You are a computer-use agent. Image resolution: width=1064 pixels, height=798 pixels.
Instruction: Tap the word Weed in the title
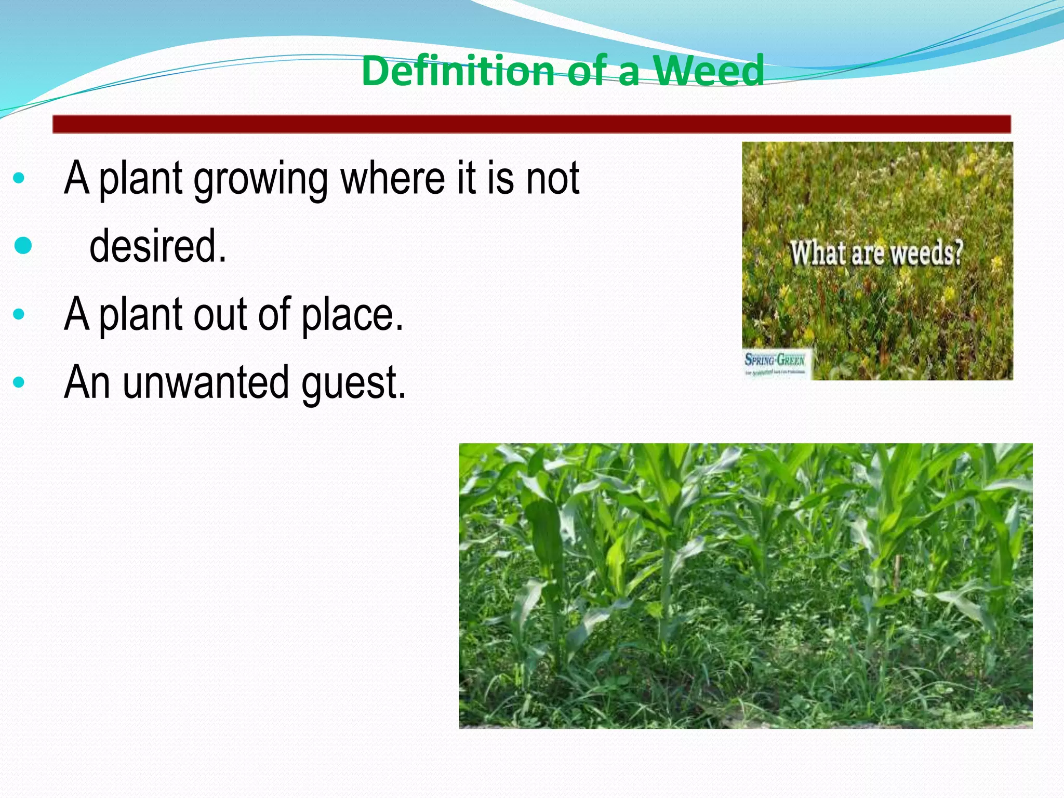coord(709,71)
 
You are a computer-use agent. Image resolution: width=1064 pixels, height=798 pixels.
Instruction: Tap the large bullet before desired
coord(23,245)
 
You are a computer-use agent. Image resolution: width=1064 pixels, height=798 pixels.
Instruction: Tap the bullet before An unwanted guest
coord(19,382)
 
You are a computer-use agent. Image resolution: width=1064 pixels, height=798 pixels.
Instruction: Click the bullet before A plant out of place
coord(19,314)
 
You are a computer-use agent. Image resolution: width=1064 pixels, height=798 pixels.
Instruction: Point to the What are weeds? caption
coord(877,254)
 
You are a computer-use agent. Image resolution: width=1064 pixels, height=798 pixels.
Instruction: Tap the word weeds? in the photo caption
coord(927,254)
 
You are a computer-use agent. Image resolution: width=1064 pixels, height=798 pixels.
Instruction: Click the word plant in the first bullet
coord(140,180)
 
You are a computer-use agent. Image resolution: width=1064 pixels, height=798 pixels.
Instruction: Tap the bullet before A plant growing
coord(19,178)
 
